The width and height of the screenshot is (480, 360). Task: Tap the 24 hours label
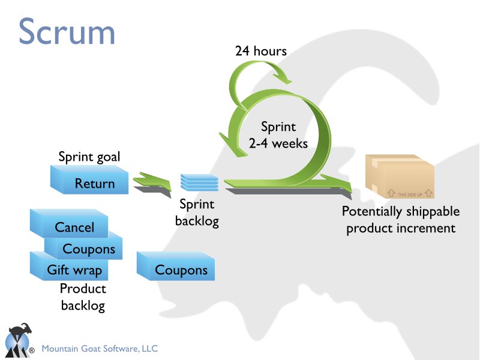click(260, 51)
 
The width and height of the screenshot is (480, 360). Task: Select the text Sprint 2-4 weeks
click(278, 135)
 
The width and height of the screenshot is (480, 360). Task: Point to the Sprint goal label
click(89, 157)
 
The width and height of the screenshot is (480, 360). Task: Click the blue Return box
click(94, 183)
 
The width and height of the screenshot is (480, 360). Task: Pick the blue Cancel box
click(74, 227)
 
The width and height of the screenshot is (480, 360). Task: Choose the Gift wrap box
click(74, 269)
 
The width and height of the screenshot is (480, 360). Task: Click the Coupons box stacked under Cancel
click(89, 248)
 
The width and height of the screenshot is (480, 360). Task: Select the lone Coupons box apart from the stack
click(181, 270)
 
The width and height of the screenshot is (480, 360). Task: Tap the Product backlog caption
click(83, 297)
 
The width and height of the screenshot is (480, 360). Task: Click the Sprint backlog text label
click(197, 213)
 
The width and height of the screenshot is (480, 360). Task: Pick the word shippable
click(431, 212)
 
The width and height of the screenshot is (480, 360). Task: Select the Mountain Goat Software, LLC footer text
click(99, 348)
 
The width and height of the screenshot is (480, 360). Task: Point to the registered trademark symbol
click(31, 350)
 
